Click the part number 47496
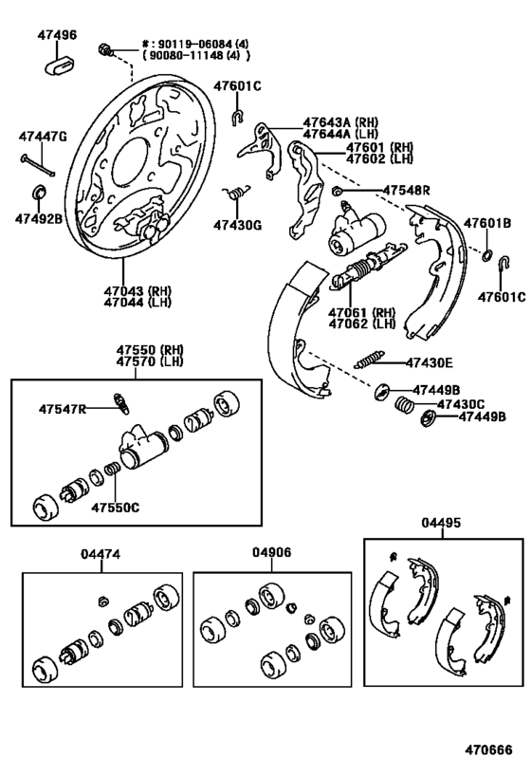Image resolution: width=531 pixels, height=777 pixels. (58, 35)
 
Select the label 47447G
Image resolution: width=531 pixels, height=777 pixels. (43, 137)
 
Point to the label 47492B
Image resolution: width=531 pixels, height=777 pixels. (39, 218)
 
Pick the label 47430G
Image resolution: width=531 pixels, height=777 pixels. (238, 226)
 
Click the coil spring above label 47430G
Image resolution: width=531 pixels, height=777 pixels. (236, 192)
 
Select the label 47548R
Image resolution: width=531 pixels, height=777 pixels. (406, 191)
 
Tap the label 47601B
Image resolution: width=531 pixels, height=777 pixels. (487, 224)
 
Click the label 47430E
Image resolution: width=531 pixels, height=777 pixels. (429, 363)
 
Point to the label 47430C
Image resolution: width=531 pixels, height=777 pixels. (461, 404)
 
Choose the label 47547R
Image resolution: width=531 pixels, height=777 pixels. (63, 409)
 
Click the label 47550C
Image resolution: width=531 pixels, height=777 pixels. (116, 508)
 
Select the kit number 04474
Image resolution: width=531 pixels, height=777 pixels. (101, 554)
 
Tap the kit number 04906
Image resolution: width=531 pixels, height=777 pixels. (272, 552)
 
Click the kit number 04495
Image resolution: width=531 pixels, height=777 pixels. (441, 523)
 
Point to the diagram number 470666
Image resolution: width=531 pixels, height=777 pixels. (488, 749)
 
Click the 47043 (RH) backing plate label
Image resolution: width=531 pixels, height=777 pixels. (137, 291)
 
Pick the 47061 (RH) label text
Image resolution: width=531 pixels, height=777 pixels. (362, 313)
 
